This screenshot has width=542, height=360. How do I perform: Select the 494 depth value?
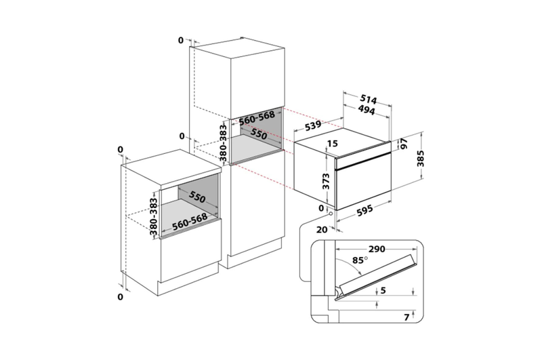366,110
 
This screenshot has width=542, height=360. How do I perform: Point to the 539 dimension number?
313,127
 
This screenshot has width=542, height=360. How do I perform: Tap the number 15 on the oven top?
332,143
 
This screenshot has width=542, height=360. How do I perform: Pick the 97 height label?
404,144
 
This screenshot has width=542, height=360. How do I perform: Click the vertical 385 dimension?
420,159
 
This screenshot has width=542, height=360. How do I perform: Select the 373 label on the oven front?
326,182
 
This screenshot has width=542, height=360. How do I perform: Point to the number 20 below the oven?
322,230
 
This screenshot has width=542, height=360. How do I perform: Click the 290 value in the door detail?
377,249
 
